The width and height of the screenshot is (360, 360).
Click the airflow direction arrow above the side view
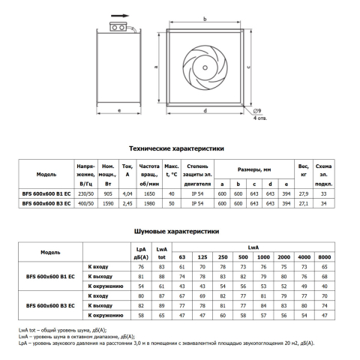[120, 16]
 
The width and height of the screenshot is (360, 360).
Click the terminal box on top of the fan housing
[118, 27]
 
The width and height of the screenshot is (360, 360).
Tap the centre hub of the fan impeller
[205, 67]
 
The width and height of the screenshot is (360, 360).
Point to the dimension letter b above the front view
[205, 19]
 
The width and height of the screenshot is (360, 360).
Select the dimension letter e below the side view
[119, 110]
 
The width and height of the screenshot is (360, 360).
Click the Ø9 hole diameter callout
[257, 111]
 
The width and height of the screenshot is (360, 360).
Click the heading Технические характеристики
[176, 148]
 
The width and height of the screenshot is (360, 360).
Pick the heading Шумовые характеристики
[176, 231]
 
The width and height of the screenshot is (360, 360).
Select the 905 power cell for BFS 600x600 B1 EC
[108, 193]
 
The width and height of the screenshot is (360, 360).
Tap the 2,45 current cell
[127, 203]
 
